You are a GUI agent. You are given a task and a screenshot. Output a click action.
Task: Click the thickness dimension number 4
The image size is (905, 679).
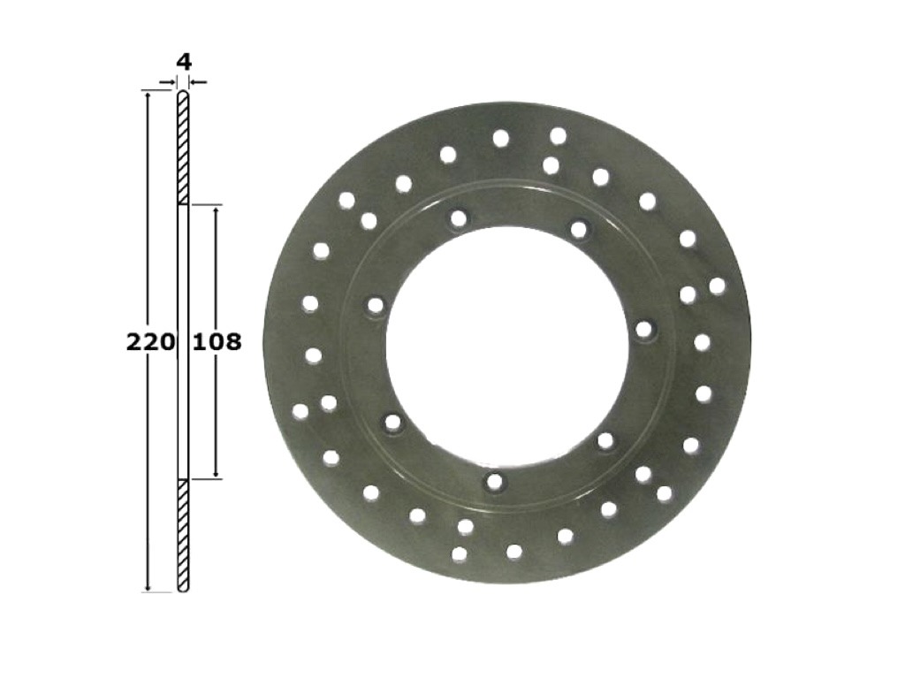click(x=184, y=62)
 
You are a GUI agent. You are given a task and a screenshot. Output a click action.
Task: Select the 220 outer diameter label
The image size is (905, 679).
click(x=150, y=342)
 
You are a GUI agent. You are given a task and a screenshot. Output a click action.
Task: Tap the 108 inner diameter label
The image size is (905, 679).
click(x=217, y=342)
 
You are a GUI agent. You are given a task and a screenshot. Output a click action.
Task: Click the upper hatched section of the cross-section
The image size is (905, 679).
click(x=183, y=148)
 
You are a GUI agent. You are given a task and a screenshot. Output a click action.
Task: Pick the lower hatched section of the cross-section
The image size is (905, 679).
click(x=183, y=535)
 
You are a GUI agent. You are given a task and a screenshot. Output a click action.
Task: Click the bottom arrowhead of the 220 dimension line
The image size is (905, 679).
click(x=148, y=586)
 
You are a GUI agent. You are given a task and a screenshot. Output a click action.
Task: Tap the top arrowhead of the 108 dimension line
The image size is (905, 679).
click(x=217, y=210)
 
